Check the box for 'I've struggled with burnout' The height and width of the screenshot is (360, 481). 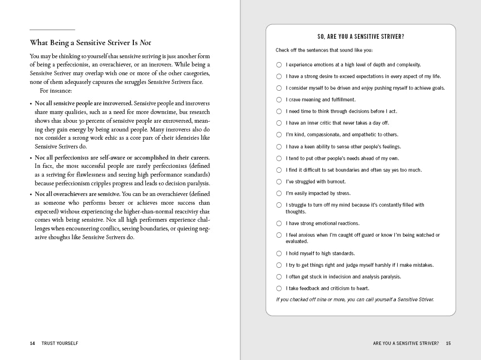279,181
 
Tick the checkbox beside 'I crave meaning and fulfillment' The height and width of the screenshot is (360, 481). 279,99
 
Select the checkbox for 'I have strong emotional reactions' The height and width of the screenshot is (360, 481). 279,223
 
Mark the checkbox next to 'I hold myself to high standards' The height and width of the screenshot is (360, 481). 279,253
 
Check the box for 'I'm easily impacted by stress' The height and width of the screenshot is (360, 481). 279,193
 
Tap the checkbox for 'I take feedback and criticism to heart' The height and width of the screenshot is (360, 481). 279,288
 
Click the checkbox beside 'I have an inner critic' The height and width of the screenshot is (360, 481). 279,123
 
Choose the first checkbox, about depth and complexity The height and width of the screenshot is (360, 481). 279,65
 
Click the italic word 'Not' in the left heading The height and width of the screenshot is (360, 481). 145,43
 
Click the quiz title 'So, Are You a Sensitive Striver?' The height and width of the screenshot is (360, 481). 361,37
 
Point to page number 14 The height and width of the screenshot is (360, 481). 32,343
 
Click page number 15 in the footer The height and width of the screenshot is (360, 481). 448,343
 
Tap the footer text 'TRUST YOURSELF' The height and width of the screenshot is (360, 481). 60,343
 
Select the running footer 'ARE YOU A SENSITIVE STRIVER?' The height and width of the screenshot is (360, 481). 406,343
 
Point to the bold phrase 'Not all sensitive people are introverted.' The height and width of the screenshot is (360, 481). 83,103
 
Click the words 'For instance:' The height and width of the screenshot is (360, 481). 56,91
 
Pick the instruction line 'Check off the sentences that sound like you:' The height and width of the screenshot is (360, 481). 324,50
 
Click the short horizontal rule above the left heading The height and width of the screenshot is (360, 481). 52,30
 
